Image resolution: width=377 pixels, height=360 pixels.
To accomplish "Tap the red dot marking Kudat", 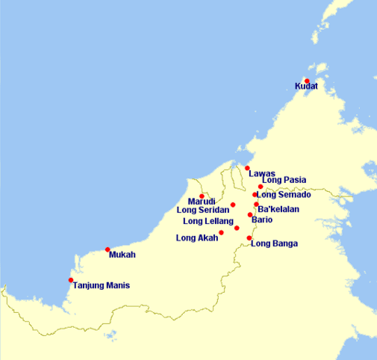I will point(307,81).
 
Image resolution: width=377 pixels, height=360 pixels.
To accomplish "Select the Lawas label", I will point(261,173).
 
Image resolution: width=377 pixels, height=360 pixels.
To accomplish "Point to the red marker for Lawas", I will point(247,168).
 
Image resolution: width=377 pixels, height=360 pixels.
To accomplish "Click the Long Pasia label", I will point(284,180).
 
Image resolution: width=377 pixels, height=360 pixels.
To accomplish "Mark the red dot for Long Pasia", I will point(261,187).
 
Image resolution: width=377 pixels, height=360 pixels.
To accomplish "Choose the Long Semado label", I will point(284,195).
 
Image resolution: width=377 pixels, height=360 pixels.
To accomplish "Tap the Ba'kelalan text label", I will point(278,209).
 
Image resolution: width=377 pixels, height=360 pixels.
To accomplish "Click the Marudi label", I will point(202,202).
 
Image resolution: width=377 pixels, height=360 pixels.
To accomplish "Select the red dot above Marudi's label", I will point(202,196).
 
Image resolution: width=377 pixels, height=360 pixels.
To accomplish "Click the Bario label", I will point(263,220).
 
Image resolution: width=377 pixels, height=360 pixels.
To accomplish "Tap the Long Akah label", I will point(196,238).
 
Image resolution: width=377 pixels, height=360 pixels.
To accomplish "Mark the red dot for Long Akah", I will point(221,233).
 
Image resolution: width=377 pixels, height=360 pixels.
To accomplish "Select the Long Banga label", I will point(275,243).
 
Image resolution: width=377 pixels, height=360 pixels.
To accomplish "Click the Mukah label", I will point(122,255).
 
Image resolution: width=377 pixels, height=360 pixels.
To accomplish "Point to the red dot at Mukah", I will point(108,249).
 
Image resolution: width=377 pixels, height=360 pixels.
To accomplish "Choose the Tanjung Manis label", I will point(102,285).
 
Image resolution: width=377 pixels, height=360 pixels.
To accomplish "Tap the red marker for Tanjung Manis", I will point(71,280).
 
